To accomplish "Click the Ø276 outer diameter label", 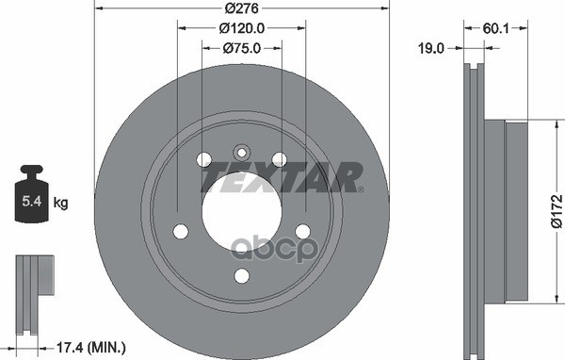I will [x=241, y=9].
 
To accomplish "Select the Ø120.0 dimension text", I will [x=241, y=28].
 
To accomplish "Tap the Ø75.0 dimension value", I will [x=241, y=47].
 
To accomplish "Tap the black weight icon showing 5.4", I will [x=31, y=196].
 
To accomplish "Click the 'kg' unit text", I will [x=61, y=202].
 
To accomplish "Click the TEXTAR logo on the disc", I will [x=282, y=175].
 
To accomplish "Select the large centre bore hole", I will [x=241, y=205].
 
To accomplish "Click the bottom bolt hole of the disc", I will [x=241, y=275].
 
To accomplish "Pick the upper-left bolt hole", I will [x=204, y=160].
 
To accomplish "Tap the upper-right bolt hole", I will [x=279, y=160].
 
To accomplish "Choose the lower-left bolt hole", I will [x=181, y=231].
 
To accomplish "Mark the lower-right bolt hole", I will [x=302, y=231].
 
